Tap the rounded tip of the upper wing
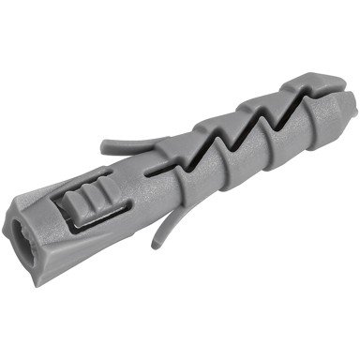(x=100, y=146)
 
